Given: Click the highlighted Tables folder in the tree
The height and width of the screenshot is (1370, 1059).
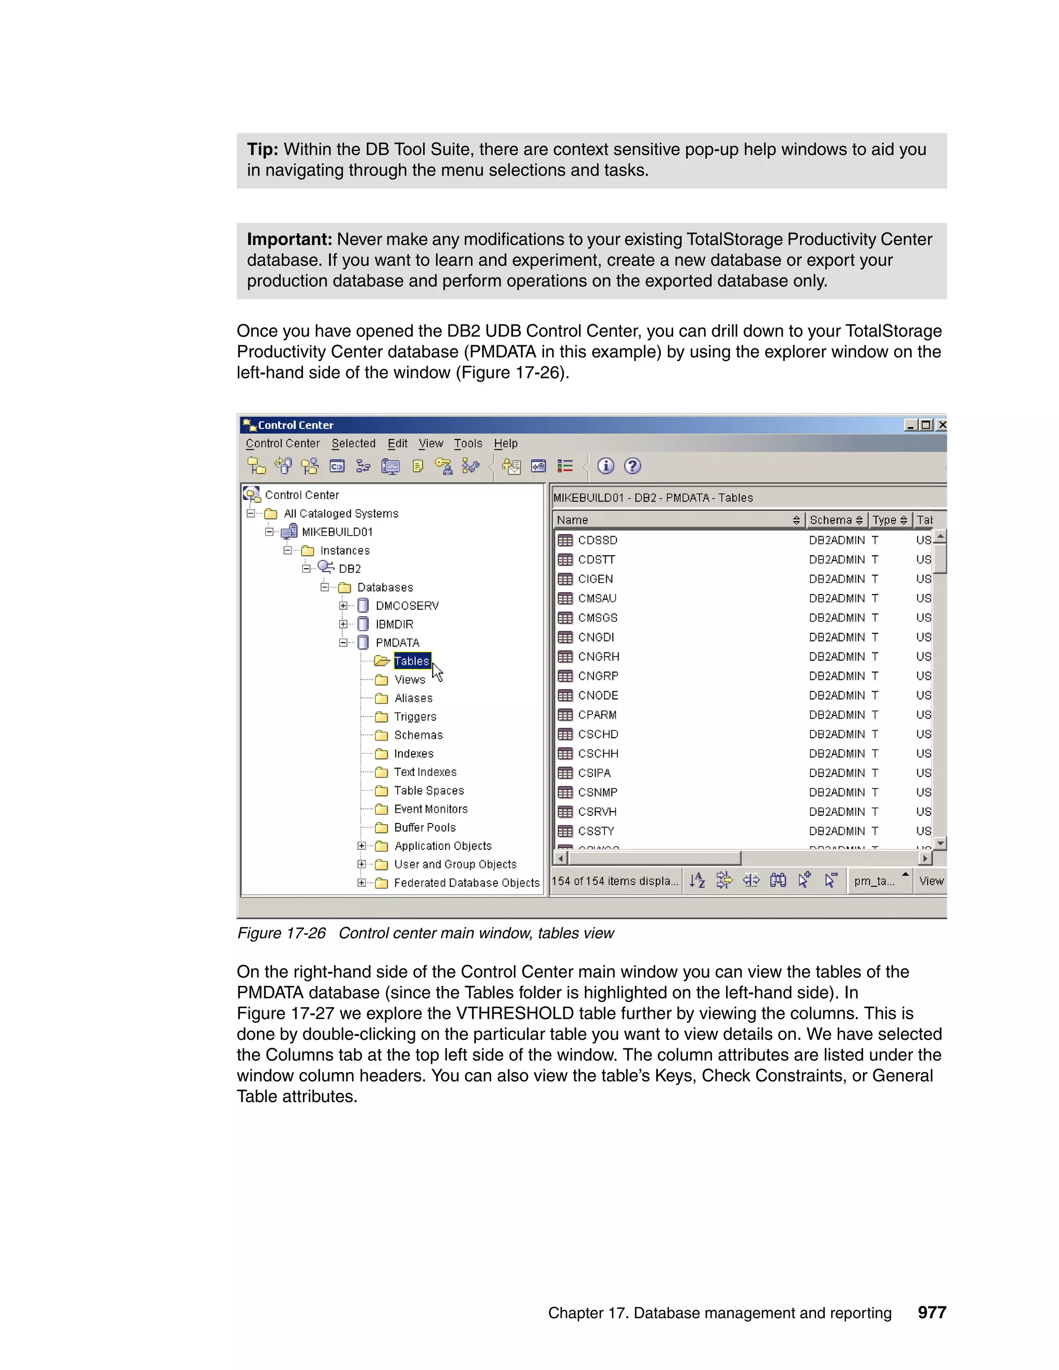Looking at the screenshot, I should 412,661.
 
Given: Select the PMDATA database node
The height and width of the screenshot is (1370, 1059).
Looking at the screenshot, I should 397,642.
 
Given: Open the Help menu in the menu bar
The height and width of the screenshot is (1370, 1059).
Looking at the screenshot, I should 505,444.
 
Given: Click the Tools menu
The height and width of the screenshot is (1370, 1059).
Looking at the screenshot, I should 468,444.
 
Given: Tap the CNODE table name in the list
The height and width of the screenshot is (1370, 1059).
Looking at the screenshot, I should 598,695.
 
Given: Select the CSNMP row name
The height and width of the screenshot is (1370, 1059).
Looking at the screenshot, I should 597,792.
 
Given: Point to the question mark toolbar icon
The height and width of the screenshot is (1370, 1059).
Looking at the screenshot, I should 632,466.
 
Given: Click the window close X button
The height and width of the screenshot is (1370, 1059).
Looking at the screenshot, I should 941,424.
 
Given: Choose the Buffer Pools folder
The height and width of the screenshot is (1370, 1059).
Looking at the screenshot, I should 425,827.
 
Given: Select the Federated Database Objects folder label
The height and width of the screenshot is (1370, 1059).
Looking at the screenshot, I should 466,882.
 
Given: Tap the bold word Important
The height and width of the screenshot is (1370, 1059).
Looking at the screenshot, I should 289,240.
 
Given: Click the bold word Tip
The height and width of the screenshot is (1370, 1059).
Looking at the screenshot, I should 262,149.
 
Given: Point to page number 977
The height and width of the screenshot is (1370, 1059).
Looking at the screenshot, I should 932,1312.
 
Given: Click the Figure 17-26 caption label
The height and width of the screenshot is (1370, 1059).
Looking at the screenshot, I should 281,933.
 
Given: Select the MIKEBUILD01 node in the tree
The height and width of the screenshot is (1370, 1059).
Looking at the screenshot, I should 337,532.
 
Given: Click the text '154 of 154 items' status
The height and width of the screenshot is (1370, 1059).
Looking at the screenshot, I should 614,881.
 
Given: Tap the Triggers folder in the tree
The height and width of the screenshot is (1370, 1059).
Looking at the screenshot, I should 415,717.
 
